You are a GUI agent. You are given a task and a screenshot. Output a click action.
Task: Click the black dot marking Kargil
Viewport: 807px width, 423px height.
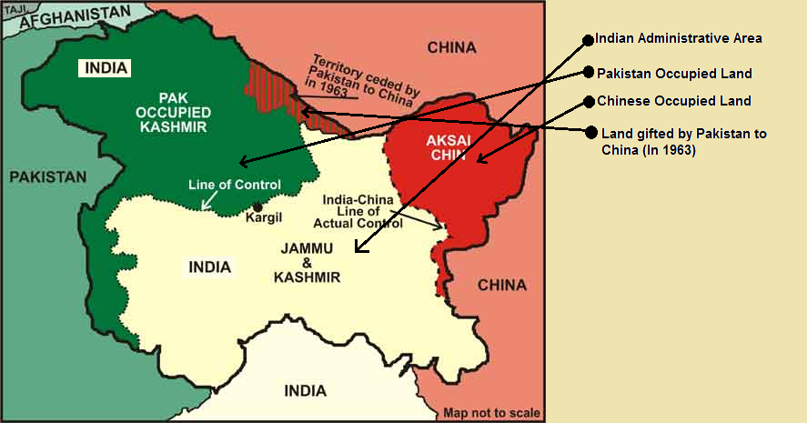point(258,206)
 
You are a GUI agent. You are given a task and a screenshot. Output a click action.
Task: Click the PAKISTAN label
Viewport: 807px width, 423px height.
point(48,176)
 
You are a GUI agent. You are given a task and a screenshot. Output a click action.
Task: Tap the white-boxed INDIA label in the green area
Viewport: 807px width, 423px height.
point(106,68)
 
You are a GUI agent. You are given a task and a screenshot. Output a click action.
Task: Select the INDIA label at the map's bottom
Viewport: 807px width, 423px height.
point(305,391)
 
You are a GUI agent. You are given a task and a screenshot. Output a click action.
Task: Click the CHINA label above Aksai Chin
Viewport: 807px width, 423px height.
point(451,46)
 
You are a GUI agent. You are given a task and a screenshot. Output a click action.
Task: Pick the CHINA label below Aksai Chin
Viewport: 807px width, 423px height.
point(502,285)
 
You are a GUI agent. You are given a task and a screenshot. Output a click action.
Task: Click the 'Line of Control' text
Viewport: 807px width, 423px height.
point(234,185)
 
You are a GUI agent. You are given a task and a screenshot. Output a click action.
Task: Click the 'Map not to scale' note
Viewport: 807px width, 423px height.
point(491,413)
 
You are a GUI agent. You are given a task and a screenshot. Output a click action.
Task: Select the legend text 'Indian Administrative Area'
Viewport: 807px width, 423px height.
point(678,38)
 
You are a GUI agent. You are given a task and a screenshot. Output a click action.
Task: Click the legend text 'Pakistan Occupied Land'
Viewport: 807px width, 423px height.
point(674,72)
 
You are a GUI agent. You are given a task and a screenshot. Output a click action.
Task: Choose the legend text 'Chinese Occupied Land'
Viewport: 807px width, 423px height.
point(673,100)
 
